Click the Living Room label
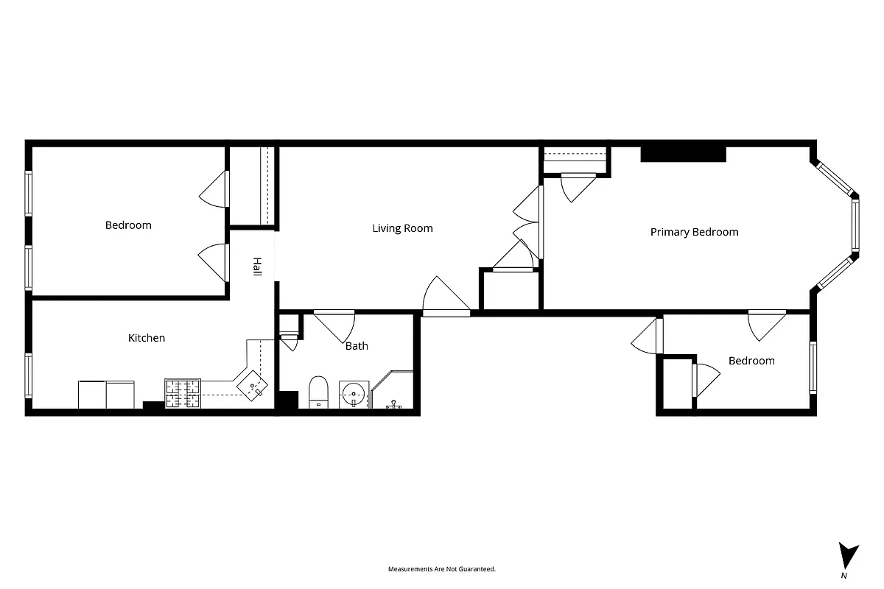pos(402,228)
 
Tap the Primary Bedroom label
pos(694,232)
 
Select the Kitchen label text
pos(147,338)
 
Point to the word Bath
pos(357,345)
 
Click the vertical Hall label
pos(257,267)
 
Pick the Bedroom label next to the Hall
pos(128,225)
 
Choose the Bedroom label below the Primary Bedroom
pos(751,361)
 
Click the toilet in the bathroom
pos(318,391)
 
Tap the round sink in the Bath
pos(354,393)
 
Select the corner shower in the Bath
pos(393,391)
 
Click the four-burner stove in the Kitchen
pos(183,393)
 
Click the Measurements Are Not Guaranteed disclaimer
pos(442,569)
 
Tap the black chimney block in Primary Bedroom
pos(683,154)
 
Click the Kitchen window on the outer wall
pos(29,375)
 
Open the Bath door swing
pos(336,325)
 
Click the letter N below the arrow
pos(843,575)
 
